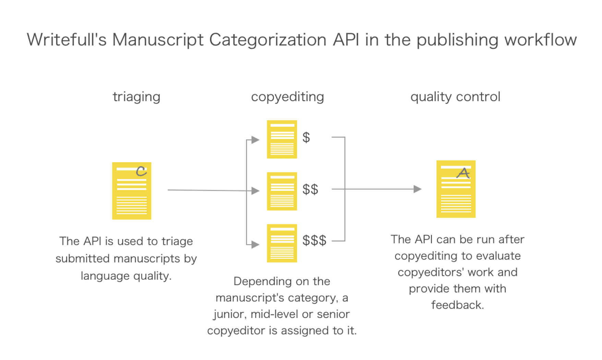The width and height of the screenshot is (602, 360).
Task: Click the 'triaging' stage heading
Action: pos(136,97)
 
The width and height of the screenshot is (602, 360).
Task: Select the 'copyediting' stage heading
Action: pos(287,97)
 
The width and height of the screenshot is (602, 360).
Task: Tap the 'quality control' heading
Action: pos(455,97)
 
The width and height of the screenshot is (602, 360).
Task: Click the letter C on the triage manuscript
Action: pos(141,171)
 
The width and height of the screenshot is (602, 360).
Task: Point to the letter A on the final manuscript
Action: pos(463,173)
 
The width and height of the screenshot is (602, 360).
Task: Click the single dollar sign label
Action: pos(306,137)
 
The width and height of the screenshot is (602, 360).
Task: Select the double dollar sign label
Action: pos(310,189)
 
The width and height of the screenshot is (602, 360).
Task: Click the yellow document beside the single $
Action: pos(282,139)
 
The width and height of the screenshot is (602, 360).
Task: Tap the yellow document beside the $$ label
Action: pos(282,191)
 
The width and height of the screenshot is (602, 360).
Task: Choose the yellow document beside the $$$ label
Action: pos(282,243)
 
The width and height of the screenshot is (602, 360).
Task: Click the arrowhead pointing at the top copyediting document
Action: pos(255,140)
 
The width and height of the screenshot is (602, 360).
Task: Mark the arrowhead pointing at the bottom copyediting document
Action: pos(255,244)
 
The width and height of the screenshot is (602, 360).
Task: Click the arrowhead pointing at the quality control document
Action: pos(417,189)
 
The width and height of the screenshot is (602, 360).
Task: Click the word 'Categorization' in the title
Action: pos(267,40)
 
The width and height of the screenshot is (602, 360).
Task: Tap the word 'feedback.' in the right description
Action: pos(457,305)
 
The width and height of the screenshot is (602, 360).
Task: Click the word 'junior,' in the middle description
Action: pos(229,314)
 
